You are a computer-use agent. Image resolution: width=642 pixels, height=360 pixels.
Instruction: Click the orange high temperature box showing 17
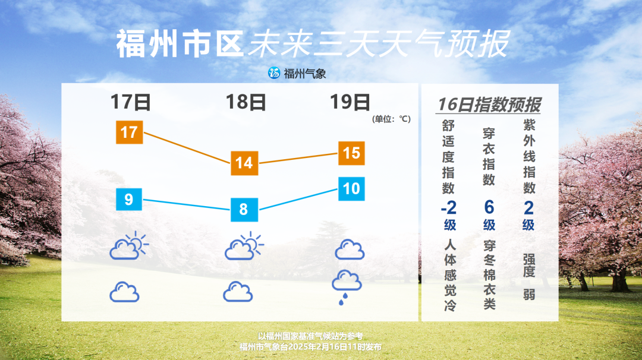pyautogui.click(x=129, y=131)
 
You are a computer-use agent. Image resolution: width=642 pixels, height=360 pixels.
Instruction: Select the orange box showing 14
pyautogui.click(x=244, y=163)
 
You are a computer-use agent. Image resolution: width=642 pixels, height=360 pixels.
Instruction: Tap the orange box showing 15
pyautogui.click(x=351, y=153)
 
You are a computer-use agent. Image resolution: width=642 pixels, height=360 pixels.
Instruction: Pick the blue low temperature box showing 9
pyautogui.click(x=128, y=198)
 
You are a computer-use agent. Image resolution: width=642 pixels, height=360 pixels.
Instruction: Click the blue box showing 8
pyautogui.click(x=243, y=209)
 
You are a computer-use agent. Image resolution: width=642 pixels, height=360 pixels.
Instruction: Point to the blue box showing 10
pyautogui.click(x=351, y=188)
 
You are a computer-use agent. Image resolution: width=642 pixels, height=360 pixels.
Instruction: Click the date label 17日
pyautogui.click(x=131, y=102)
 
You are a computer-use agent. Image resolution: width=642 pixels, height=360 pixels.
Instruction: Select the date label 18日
pyautogui.click(x=246, y=102)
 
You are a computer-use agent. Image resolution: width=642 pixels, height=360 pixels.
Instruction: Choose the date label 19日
pyautogui.click(x=350, y=102)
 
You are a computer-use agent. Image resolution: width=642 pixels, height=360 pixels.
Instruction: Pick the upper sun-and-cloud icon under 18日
pyautogui.click(x=243, y=245)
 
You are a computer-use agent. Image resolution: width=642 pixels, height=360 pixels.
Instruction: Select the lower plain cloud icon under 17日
pyautogui.click(x=124, y=292)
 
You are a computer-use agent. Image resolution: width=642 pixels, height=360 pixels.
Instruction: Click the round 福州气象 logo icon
pyautogui.click(x=274, y=73)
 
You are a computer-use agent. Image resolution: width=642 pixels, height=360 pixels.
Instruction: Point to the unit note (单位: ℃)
pyautogui.click(x=391, y=119)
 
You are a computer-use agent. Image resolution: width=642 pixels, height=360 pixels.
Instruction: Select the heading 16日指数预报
pyautogui.click(x=489, y=105)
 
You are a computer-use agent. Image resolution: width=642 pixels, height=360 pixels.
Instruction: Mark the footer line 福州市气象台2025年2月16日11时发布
pyautogui.click(x=310, y=347)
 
